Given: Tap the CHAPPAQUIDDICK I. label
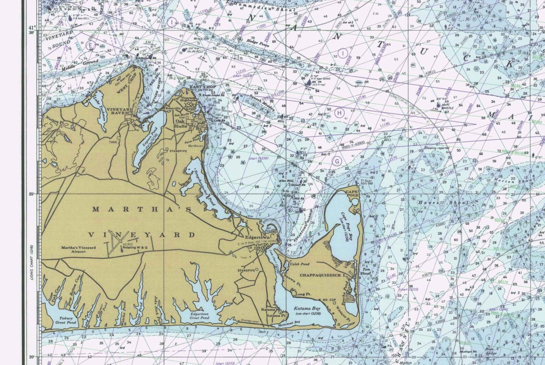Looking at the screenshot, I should coord(322,275).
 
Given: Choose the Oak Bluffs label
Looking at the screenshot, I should coord(182,123).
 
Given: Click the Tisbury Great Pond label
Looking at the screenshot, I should coord(66,320).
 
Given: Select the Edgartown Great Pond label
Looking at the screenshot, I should coord(199,316).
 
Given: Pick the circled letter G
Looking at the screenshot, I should coord(337,161).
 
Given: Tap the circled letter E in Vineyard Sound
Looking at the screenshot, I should coord(91,45).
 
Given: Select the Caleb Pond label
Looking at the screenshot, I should coord(300,264).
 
